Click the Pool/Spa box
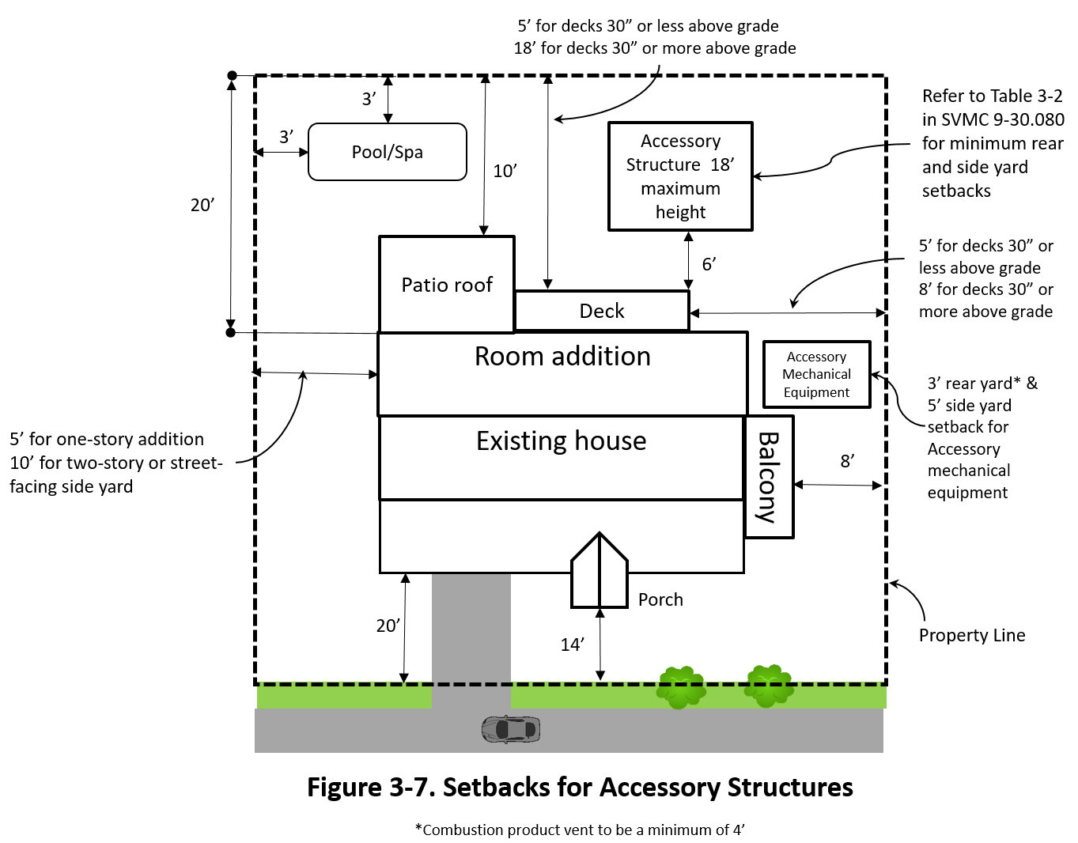point(387,152)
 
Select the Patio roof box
point(447,285)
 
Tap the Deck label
point(602,311)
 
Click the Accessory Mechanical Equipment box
point(816,375)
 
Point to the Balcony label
point(769,477)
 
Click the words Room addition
point(562,357)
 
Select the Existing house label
point(561,440)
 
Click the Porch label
point(660,599)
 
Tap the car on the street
point(511,729)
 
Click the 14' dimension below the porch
point(573,645)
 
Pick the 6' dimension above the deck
point(709,264)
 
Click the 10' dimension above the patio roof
point(505,171)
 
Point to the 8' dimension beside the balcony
point(847,461)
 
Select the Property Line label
point(972,635)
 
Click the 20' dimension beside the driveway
point(388,626)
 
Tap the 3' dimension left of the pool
point(286,137)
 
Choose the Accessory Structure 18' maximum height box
point(680,176)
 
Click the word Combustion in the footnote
point(463,830)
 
